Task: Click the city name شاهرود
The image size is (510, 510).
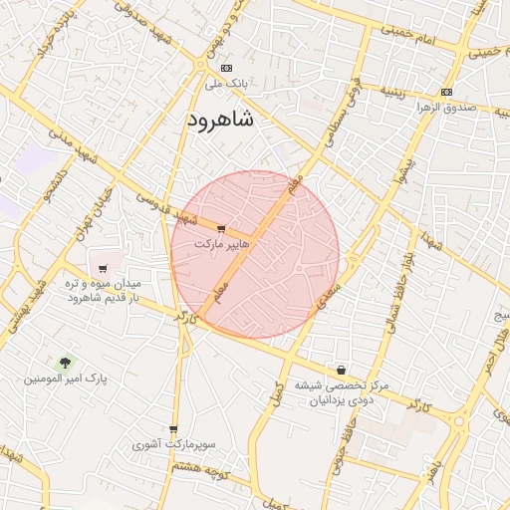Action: tap(219, 120)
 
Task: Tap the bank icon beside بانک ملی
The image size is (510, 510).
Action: tap(226, 69)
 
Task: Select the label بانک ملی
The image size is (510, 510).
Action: tap(226, 84)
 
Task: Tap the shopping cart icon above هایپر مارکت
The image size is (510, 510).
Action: tap(220, 229)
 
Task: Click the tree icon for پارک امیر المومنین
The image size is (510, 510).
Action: tap(66, 363)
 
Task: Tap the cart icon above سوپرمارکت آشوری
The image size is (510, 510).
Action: tap(173, 429)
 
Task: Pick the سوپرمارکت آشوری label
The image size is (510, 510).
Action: tap(174, 444)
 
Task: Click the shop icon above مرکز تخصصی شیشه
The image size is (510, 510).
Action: tap(342, 370)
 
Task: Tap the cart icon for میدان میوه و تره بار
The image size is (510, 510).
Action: tap(104, 269)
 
